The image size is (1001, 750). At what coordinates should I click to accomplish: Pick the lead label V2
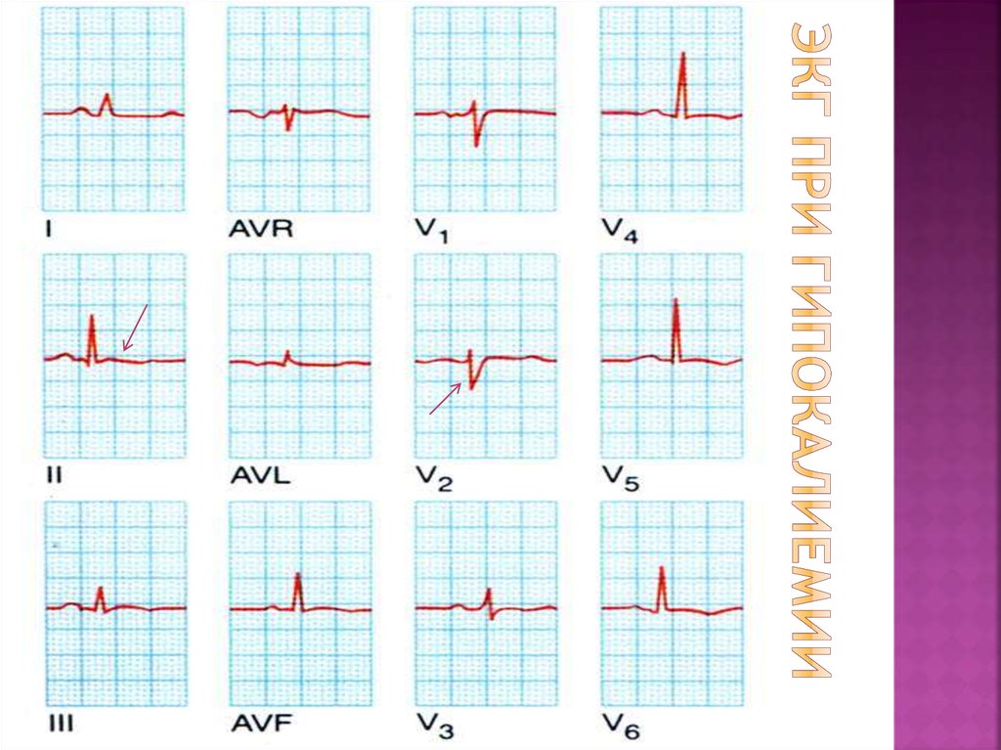pos(431,479)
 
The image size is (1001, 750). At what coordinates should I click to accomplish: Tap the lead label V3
pos(431,725)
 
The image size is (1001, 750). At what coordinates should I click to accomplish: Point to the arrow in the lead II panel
pos(135,327)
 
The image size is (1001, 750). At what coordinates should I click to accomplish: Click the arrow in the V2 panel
pos(446,398)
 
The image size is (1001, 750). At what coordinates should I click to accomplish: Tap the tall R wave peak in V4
pos(682,53)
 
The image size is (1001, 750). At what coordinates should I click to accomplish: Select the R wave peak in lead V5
pos(675,300)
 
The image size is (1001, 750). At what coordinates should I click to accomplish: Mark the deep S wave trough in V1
pos(476,146)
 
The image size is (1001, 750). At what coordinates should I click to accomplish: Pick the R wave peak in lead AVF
pos(298,573)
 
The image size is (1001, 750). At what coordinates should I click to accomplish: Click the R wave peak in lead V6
pos(662,568)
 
